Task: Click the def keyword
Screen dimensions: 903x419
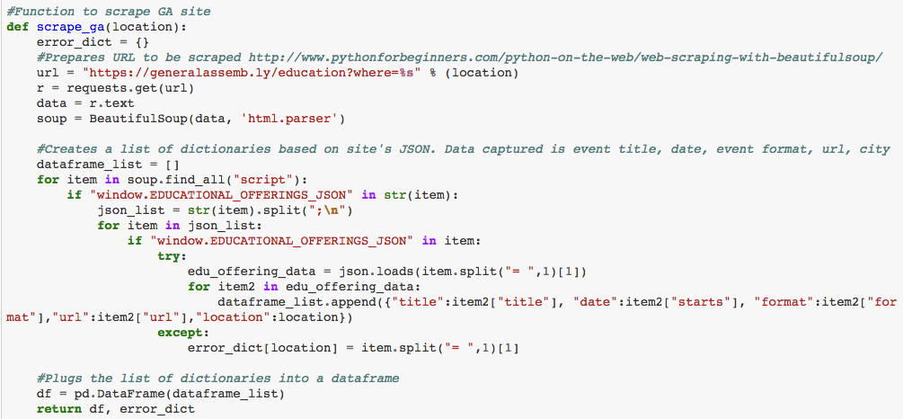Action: pos(17,27)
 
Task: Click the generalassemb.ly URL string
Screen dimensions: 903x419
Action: pos(242,72)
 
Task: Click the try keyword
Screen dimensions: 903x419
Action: pos(171,256)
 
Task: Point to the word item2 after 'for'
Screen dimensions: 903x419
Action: pos(235,287)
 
